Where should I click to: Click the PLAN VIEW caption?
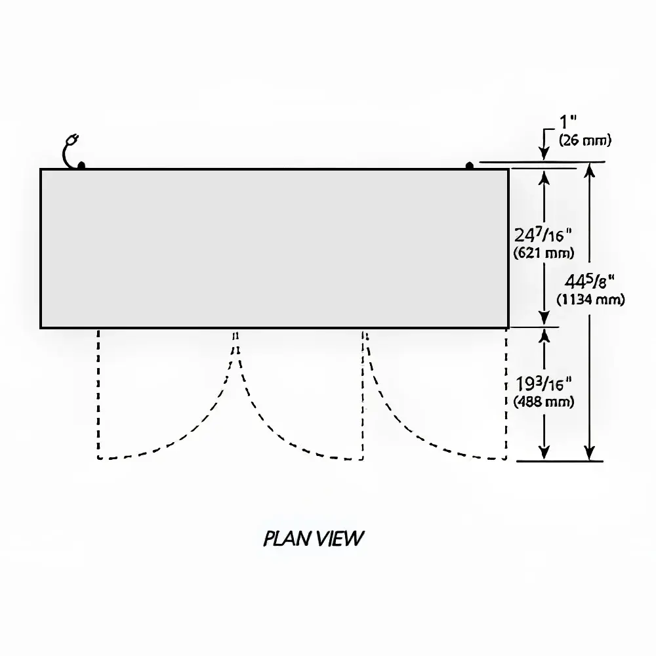pyautogui.click(x=313, y=539)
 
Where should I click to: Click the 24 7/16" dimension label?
pyautogui.click(x=544, y=235)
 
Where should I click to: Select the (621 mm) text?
pyautogui.click(x=544, y=253)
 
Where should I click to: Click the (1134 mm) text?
pyautogui.click(x=590, y=300)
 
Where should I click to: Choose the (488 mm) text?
pyautogui.click(x=544, y=401)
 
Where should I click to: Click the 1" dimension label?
pyautogui.click(x=568, y=123)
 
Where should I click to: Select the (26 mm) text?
pyautogui.click(x=584, y=139)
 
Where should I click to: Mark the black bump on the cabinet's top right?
pyautogui.click(x=470, y=165)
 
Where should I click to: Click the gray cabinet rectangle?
pyautogui.click(x=274, y=248)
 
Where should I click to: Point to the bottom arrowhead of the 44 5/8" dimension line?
pyautogui.click(x=590, y=453)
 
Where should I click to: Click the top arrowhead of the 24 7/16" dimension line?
pyautogui.click(x=544, y=176)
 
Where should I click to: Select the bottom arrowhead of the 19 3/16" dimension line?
pyautogui.click(x=544, y=453)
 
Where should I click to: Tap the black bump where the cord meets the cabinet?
pyautogui.click(x=81, y=165)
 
